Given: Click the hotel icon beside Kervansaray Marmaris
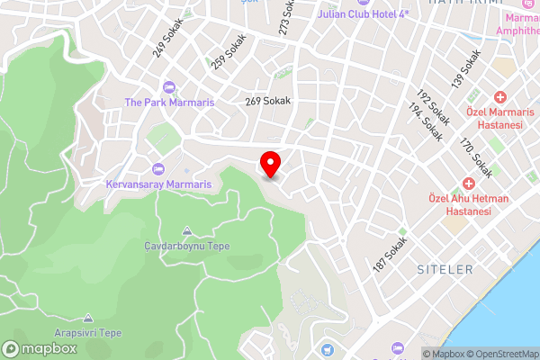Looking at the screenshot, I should pos(159,169).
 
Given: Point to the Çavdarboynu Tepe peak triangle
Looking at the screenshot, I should pos(186,230).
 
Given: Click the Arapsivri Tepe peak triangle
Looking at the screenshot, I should pos(88,318).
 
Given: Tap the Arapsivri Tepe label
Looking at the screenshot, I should pos(88,332).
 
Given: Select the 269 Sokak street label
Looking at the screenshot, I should pos(268,102).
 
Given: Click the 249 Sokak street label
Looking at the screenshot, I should pos(167,39).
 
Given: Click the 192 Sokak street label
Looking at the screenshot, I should pos(433,106).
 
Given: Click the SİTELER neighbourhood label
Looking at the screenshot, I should pos(445,270).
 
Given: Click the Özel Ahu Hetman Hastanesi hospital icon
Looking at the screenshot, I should pos(469,182).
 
